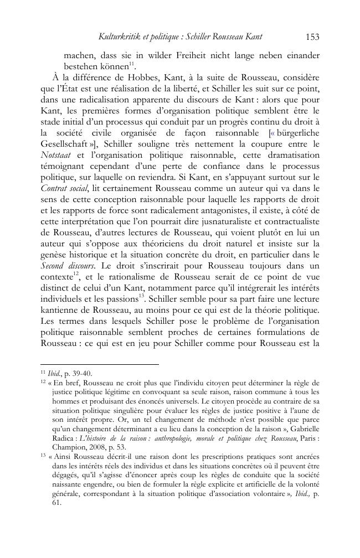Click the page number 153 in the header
(312, 37)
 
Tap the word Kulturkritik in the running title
(119, 37)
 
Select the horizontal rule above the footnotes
(100, 364)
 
